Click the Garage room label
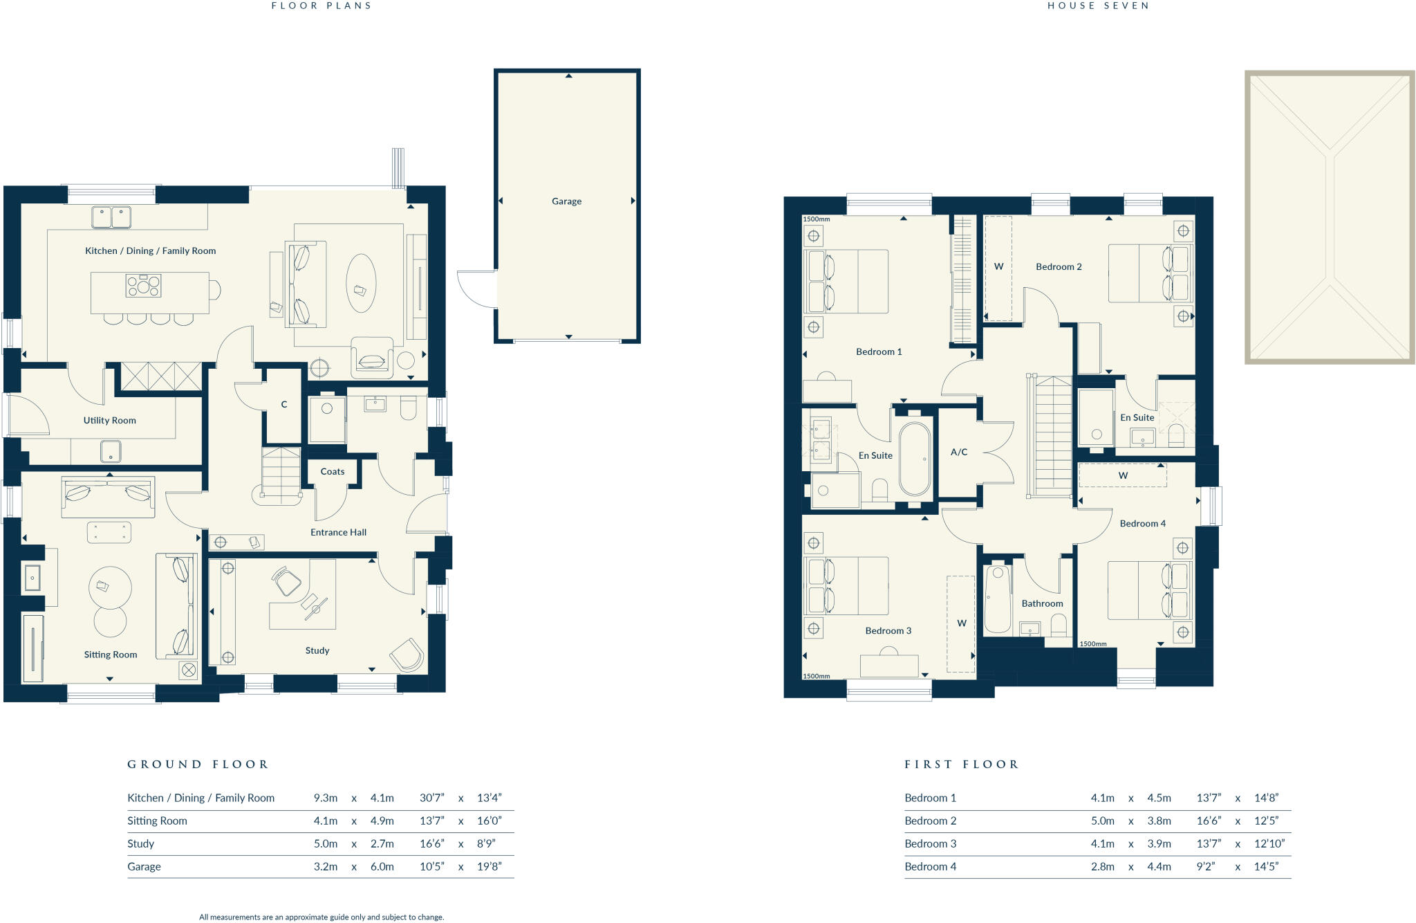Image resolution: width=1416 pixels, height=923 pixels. pyautogui.click(x=566, y=201)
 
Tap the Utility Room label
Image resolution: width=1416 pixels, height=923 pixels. pyautogui.click(x=109, y=420)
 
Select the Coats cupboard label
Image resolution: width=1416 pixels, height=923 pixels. pyautogui.click(x=332, y=471)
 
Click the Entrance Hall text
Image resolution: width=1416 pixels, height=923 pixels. pyautogui.click(x=338, y=532)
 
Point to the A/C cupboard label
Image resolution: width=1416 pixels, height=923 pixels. pyautogui.click(x=958, y=452)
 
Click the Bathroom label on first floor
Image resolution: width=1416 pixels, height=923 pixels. pyautogui.click(x=1042, y=603)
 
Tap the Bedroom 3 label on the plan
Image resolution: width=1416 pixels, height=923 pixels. pyautogui.click(x=888, y=630)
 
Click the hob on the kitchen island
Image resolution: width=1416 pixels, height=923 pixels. pyautogui.click(x=143, y=285)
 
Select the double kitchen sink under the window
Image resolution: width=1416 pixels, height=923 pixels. pyautogui.click(x=111, y=217)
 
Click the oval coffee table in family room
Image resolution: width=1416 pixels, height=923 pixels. pyautogui.click(x=361, y=283)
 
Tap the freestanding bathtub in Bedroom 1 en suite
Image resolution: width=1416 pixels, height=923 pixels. pyautogui.click(x=915, y=459)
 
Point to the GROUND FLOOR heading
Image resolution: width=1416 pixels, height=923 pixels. pyautogui.click(x=198, y=765)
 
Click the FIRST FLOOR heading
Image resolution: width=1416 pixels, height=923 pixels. pyautogui.click(x=962, y=765)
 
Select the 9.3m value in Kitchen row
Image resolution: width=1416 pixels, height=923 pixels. pyautogui.click(x=325, y=798)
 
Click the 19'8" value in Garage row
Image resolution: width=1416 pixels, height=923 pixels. pyautogui.click(x=489, y=866)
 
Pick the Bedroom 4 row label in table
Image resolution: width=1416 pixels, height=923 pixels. pyautogui.click(x=930, y=866)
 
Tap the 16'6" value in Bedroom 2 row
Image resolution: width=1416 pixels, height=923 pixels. pyautogui.click(x=1209, y=821)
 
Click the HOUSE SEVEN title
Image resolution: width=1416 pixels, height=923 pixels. pyautogui.click(x=1098, y=6)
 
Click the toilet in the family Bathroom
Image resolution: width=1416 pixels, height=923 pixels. pyautogui.click(x=1058, y=627)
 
